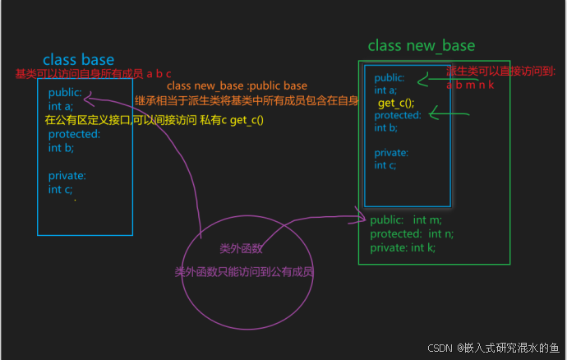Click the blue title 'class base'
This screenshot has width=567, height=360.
pyautogui.click(x=78, y=59)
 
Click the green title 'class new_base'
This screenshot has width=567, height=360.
pyautogui.click(x=421, y=45)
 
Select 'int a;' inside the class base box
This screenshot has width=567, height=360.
pyautogui.click(x=61, y=105)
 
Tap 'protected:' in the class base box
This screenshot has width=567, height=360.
pyautogui.click(x=73, y=134)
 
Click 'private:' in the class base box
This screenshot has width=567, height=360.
pyautogui.click(x=67, y=175)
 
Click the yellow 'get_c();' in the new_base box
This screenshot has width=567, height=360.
pyautogui.click(x=396, y=103)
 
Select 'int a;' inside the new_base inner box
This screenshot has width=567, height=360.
pyautogui.click(x=385, y=90)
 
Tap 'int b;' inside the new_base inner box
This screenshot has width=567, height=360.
pyautogui.click(x=386, y=127)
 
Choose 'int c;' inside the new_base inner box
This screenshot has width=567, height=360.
pyautogui.click(x=386, y=165)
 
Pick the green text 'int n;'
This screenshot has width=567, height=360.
pyautogui.click(x=442, y=233)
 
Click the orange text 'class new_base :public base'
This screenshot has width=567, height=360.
pyautogui.click(x=237, y=85)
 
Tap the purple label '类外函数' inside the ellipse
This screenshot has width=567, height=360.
pyautogui.click(x=241, y=248)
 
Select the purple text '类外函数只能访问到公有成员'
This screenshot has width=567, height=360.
pyautogui.click(x=244, y=272)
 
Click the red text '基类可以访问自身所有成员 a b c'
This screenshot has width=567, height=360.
pyautogui.click(x=93, y=74)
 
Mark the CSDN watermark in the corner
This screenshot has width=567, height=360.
pyautogui.click(x=494, y=348)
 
